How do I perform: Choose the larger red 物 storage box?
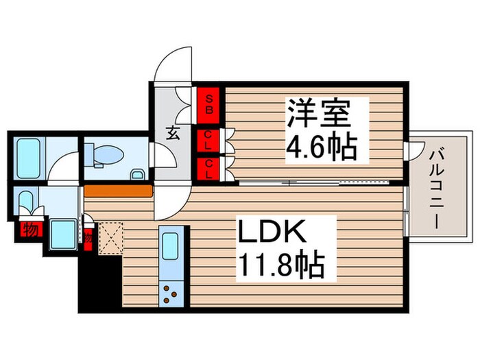(x=30, y=230)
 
